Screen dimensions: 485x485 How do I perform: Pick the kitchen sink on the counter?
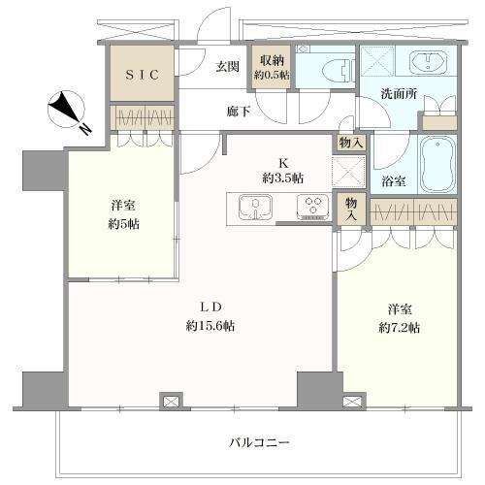pyautogui.click(x=253, y=207)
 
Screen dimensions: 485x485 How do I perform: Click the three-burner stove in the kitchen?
pyautogui.click(x=312, y=207)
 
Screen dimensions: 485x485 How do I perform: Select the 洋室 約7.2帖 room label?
pyautogui.click(x=399, y=319)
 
